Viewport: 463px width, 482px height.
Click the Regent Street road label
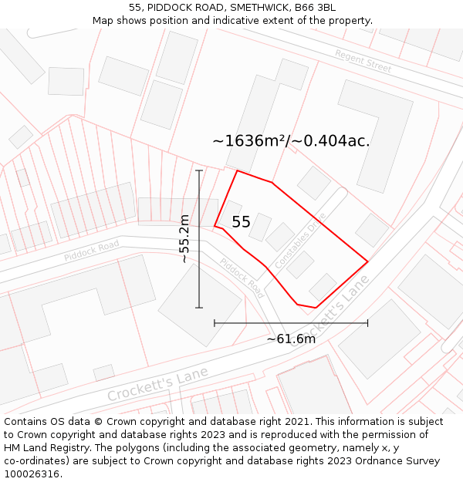tap(363, 61)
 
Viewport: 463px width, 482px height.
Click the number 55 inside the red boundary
tap(241, 222)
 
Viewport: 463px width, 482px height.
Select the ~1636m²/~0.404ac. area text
tap(291, 141)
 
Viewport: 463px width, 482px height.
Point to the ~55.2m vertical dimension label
tap(184, 239)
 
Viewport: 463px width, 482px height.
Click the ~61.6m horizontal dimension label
tap(291, 339)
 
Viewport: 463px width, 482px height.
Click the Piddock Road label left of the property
tap(91, 250)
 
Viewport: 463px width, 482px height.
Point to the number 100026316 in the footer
tap(31, 474)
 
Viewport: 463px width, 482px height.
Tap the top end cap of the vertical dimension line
tap(199, 170)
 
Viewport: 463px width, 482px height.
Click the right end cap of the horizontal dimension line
tap(367, 322)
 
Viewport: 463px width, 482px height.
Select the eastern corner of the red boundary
tap(367, 262)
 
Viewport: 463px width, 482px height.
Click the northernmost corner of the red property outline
tap(237, 171)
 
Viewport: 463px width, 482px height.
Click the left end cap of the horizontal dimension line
tap(215, 322)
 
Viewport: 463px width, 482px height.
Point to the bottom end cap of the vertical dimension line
tap(199, 308)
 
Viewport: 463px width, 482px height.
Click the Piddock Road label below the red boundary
tap(242, 278)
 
